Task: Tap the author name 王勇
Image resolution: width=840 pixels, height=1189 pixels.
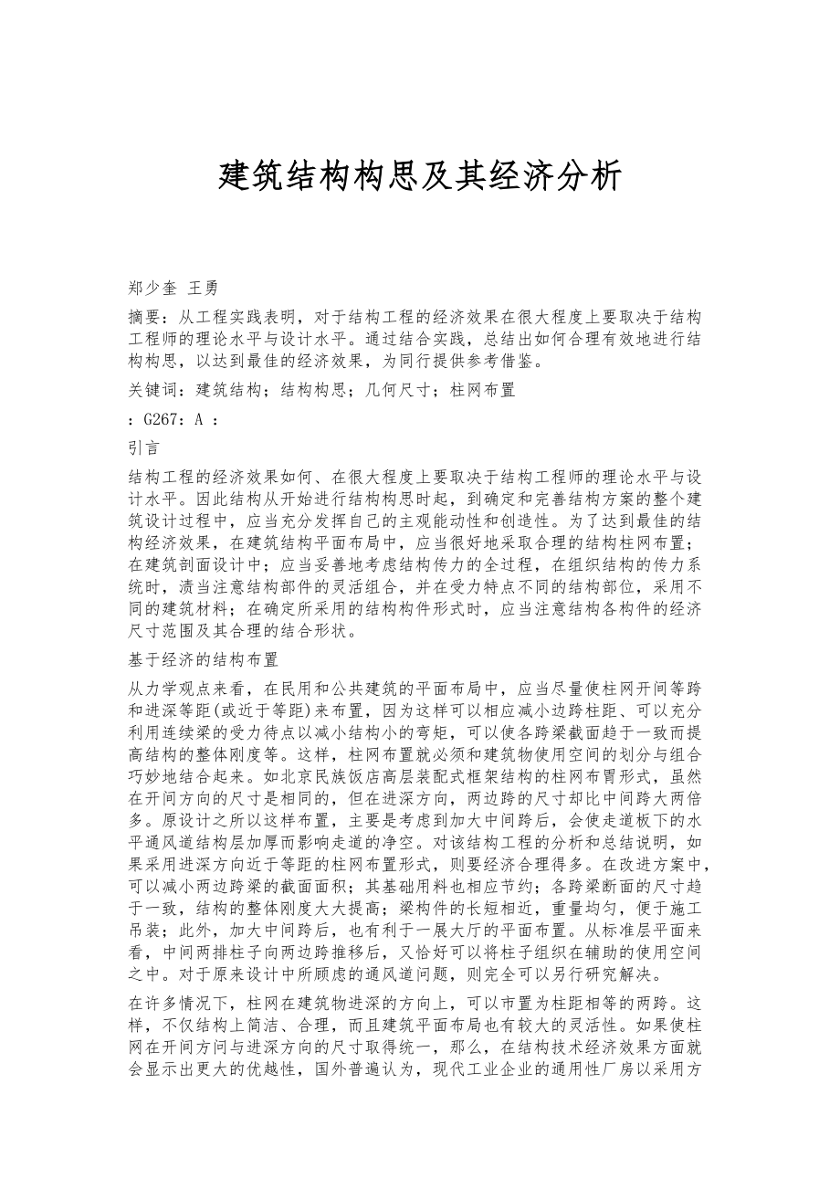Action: click(x=203, y=289)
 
